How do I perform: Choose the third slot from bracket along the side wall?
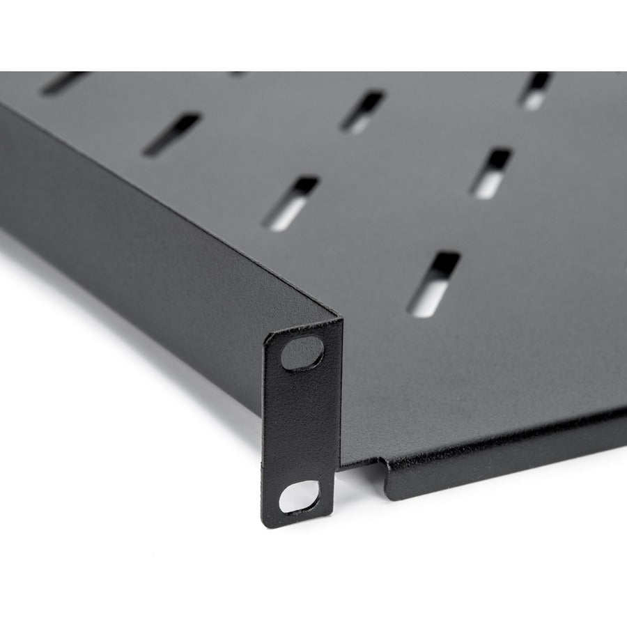point(171,134)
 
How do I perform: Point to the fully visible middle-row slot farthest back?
point(362,111)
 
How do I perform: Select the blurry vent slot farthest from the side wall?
point(536,90)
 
